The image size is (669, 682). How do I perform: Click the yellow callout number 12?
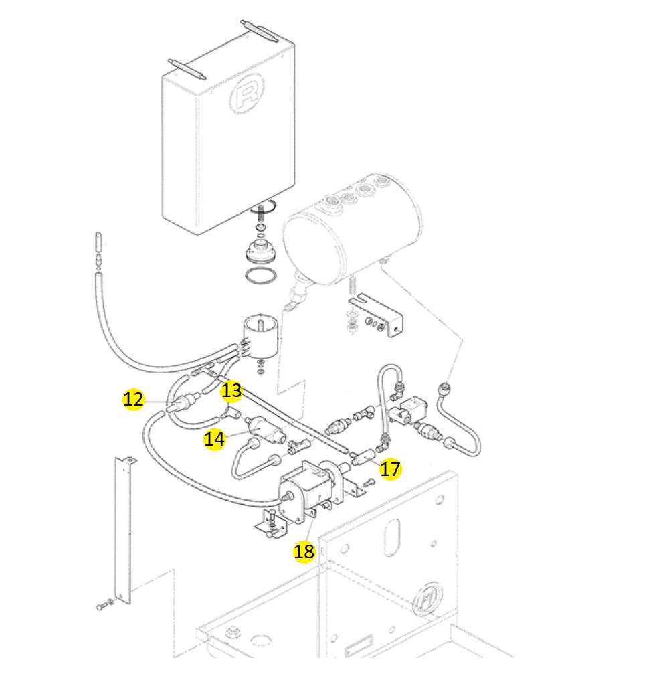[x=134, y=400]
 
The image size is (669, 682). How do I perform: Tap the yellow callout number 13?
[x=231, y=390]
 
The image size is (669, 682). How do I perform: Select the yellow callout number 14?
[x=215, y=439]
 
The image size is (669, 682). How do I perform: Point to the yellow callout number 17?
[x=390, y=469]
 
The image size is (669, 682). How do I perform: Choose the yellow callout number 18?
[x=304, y=551]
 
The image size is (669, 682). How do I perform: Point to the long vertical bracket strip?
[x=124, y=529]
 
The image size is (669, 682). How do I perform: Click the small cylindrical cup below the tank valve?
[x=260, y=335]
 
